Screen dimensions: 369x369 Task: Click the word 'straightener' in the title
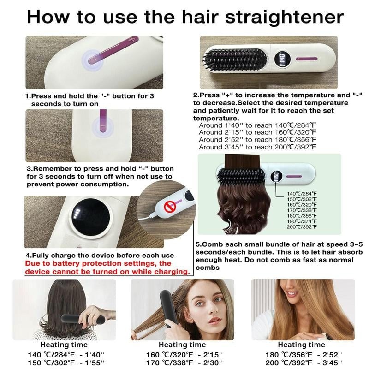click(x=277, y=17)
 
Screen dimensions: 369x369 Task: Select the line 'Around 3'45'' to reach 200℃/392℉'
click(x=257, y=147)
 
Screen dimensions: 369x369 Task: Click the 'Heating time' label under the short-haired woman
click(x=64, y=344)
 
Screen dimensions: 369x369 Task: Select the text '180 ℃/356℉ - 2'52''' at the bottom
click(x=303, y=354)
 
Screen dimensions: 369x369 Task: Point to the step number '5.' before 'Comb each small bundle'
click(x=198, y=244)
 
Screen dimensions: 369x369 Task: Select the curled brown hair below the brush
click(x=244, y=208)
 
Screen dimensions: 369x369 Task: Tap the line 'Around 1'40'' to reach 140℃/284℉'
click(x=257, y=125)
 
